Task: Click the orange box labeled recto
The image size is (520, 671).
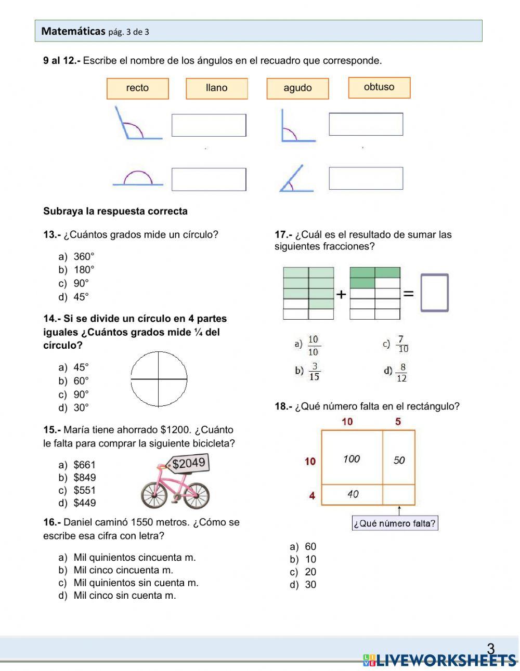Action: click(x=137, y=88)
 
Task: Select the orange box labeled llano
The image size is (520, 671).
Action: click(x=216, y=88)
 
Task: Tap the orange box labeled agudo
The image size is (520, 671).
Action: click(x=297, y=88)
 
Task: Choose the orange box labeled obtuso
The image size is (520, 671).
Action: click(x=379, y=87)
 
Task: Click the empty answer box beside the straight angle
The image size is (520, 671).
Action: click(x=209, y=179)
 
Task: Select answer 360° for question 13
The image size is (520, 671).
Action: click(x=83, y=256)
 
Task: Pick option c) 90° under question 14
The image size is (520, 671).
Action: click(x=81, y=394)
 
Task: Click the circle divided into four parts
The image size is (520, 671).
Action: click(x=159, y=379)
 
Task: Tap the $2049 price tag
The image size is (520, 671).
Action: click(x=189, y=463)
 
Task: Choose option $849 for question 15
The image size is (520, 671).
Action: click(x=84, y=478)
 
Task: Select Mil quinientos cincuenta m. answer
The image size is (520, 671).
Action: click(x=134, y=558)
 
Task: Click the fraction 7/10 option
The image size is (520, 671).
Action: click(x=402, y=344)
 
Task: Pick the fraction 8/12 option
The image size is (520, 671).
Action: click(x=401, y=372)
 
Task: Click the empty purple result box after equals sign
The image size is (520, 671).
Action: click(x=434, y=293)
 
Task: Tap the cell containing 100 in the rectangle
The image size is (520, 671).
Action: click(x=352, y=458)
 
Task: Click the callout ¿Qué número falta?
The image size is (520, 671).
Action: click(x=395, y=523)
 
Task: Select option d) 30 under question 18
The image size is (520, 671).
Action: click(x=310, y=585)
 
